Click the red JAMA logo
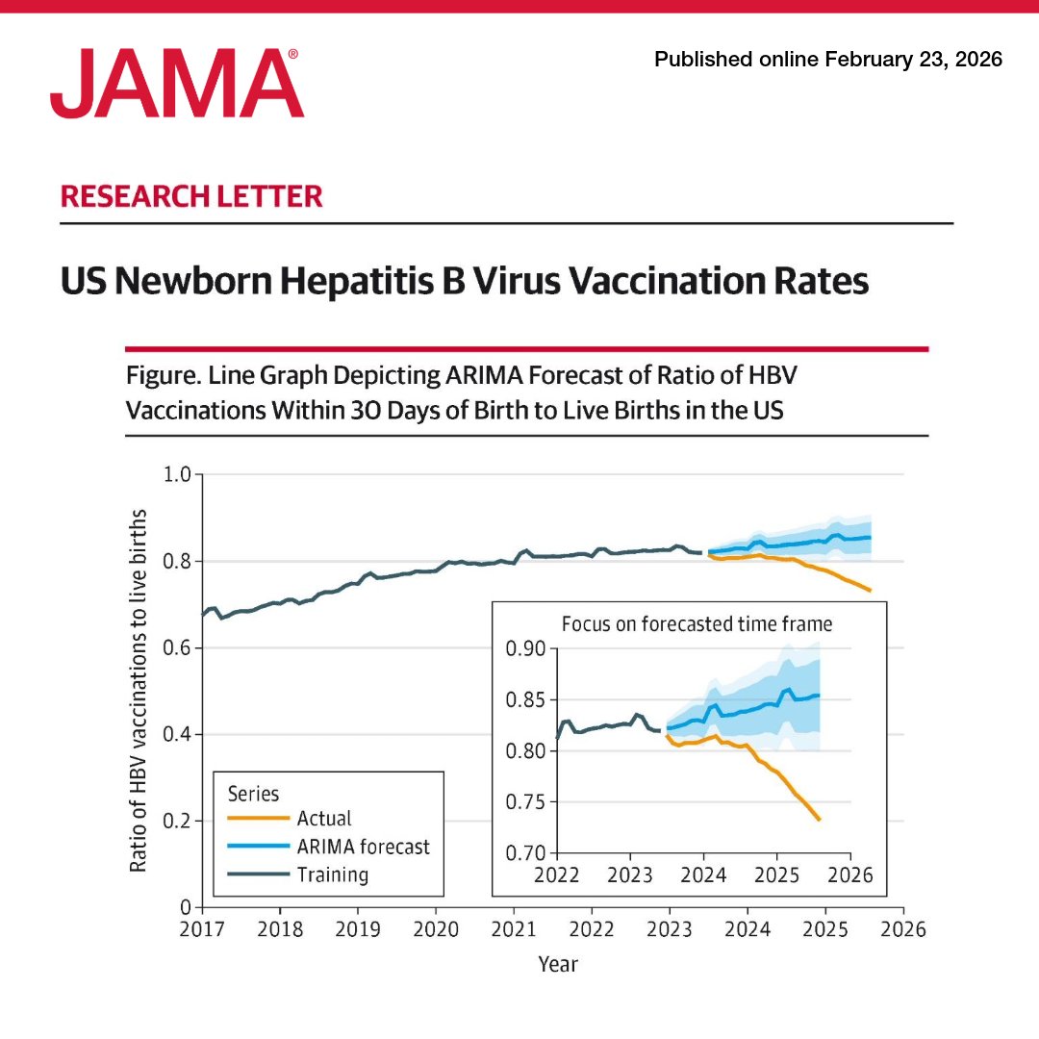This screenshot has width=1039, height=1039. point(177,85)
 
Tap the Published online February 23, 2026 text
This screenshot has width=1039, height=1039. point(828,60)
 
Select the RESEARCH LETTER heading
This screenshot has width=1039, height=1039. point(191,197)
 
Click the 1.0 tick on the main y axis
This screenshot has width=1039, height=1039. point(180,474)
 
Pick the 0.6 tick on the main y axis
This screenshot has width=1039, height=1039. point(180,647)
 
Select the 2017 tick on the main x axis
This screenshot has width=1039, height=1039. point(202,929)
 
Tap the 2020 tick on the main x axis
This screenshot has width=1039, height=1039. point(436,929)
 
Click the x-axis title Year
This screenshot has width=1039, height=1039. point(558,964)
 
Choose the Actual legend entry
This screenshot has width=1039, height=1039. point(324,819)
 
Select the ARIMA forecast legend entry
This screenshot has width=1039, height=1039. point(363,847)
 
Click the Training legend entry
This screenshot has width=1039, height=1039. point(332,874)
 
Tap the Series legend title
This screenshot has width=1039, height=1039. point(253,794)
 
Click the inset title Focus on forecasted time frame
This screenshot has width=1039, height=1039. point(697,623)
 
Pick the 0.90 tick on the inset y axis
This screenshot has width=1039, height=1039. point(525,648)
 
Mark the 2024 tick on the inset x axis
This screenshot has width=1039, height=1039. point(703,874)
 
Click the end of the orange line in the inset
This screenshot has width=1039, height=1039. point(819,820)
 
